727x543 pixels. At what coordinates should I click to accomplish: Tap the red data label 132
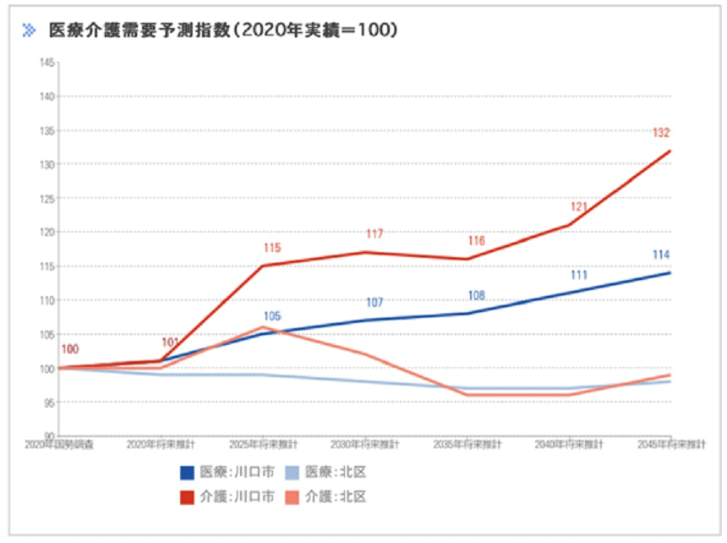pyautogui.click(x=662, y=133)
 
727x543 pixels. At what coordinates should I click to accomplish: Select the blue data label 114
pyautogui.click(x=662, y=255)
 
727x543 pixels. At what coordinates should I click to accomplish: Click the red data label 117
pyautogui.click(x=374, y=234)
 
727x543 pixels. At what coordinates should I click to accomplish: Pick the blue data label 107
pyautogui.click(x=374, y=303)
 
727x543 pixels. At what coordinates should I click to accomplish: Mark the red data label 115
pyautogui.click(x=272, y=248)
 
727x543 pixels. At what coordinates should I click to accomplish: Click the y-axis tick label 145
pyautogui.click(x=47, y=63)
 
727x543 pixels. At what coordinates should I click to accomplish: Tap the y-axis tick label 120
pyautogui.click(x=47, y=232)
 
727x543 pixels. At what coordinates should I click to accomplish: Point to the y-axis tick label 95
pyautogui.click(x=50, y=402)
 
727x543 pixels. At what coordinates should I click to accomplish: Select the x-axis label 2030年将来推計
pyautogui.click(x=364, y=444)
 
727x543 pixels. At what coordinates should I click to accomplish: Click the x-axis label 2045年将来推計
pyautogui.click(x=672, y=444)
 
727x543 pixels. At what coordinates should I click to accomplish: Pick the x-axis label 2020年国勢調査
pyautogui.click(x=58, y=444)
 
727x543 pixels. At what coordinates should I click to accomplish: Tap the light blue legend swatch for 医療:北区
pyautogui.click(x=291, y=472)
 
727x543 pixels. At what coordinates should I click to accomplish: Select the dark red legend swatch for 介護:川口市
pyautogui.click(x=188, y=496)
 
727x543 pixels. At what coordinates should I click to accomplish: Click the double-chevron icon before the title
pyautogui.click(x=30, y=30)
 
